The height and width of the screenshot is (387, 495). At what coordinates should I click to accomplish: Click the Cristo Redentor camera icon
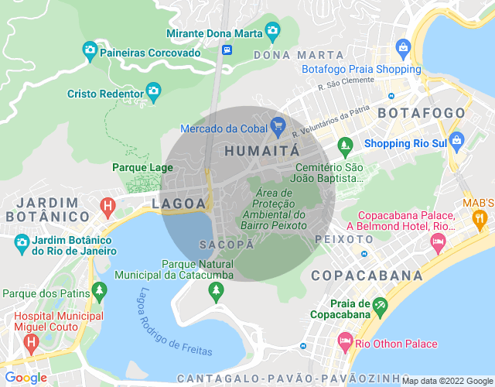(x=153, y=92)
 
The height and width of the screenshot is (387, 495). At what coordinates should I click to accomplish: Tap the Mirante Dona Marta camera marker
(x=271, y=31)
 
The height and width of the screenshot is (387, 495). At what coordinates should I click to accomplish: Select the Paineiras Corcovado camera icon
(x=90, y=51)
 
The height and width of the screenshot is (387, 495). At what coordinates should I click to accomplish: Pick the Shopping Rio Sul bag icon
(x=456, y=141)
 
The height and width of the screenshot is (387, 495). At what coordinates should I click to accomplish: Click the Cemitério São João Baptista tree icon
(x=345, y=144)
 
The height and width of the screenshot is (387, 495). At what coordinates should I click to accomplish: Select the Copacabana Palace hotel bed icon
(x=438, y=244)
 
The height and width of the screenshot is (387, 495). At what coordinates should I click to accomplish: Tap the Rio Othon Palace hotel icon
(x=344, y=341)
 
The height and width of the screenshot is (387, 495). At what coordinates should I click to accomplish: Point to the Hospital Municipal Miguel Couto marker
(x=31, y=341)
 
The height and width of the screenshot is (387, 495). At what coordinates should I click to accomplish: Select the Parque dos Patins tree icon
(x=99, y=291)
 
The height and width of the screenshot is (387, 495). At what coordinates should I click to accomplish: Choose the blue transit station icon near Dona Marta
(x=227, y=50)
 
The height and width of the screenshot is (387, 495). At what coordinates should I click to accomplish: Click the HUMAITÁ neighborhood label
(x=261, y=152)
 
